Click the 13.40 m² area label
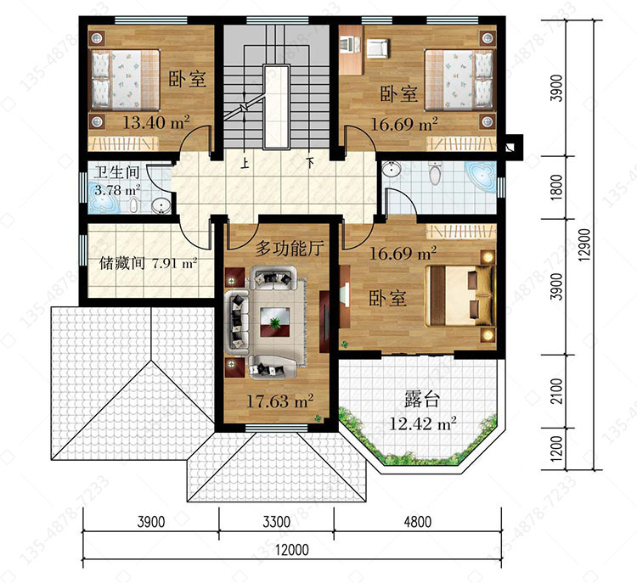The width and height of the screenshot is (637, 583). [x=156, y=122]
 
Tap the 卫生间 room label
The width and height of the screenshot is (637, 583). [x=116, y=172]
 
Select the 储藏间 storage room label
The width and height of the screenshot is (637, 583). [x=121, y=263]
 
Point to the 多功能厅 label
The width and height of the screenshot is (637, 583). [x=290, y=248]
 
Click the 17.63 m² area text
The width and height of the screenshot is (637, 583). [x=280, y=401]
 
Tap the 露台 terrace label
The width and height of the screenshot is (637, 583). [x=422, y=399]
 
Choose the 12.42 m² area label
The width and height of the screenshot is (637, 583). [x=423, y=423]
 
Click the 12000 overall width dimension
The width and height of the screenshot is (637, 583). [x=292, y=550]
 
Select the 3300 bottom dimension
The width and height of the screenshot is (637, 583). [x=276, y=522]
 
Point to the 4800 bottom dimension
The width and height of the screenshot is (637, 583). [x=417, y=522]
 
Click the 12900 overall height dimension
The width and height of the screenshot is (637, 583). [x=583, y=244]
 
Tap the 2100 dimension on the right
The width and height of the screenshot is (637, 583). [x=557, y=391]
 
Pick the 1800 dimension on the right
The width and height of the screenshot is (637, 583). [x=557, y=188]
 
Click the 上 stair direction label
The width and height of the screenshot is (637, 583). [x=245, y=163]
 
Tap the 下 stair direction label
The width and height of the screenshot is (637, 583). [x=310, y=163]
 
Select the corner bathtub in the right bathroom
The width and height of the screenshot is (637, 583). [x=481, y=177]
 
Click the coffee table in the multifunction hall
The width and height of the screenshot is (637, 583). [x=274, y=322]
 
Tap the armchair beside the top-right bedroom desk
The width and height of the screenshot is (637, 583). [x=378, y=48]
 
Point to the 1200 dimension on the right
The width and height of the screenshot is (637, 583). [x=557, y=448]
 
